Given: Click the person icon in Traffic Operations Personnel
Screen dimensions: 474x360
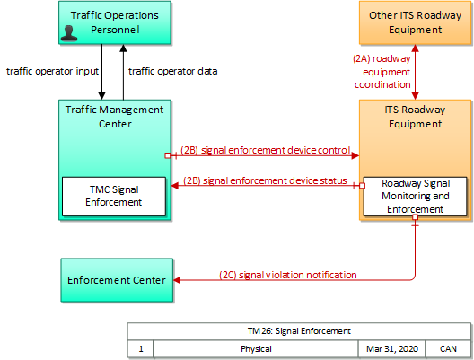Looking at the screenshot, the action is click(x=69, y=33).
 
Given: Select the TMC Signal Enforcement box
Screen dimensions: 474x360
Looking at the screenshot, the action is click(x=114, y=197).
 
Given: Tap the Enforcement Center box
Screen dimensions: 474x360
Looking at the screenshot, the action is click(x=117, y=280).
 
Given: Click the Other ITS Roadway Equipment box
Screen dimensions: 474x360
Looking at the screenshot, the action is click(x=415, y=22).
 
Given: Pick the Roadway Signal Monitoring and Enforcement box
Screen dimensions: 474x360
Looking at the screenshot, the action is click(x=415, y=197).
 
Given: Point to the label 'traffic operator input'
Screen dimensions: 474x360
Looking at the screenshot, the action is click(x=53, y=71).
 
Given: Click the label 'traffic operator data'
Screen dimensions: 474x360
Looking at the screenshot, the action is click(x=173, y=71).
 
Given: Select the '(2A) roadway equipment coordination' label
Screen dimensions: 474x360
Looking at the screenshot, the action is click(x=382, y=72).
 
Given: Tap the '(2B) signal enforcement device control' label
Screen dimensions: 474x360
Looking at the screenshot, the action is click(x=266, y=150).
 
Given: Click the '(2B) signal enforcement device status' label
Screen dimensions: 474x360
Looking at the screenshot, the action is click(x=265, y=180).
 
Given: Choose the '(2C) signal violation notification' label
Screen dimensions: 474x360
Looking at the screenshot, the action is click(x=288, y=275).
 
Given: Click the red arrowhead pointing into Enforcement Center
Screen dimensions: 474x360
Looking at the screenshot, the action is click(x=177, y=280).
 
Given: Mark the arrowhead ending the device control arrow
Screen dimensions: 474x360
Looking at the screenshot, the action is click(x=355, y=155).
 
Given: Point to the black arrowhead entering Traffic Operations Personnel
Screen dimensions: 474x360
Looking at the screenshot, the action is click(x=123, y=48).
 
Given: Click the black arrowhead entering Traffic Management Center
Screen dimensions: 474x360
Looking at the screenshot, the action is click(x=101, y=96).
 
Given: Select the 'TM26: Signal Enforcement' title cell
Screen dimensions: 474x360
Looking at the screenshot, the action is click(x=299, y=331).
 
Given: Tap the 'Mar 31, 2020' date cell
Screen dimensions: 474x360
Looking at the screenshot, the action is click(x=391, y=349).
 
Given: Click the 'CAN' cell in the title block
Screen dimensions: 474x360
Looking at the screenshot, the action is click(x=448, y=349).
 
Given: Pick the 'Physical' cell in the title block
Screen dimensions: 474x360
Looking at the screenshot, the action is click(x=256, y=349).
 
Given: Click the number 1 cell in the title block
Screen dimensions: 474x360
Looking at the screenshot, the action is click(x=141, y=349).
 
